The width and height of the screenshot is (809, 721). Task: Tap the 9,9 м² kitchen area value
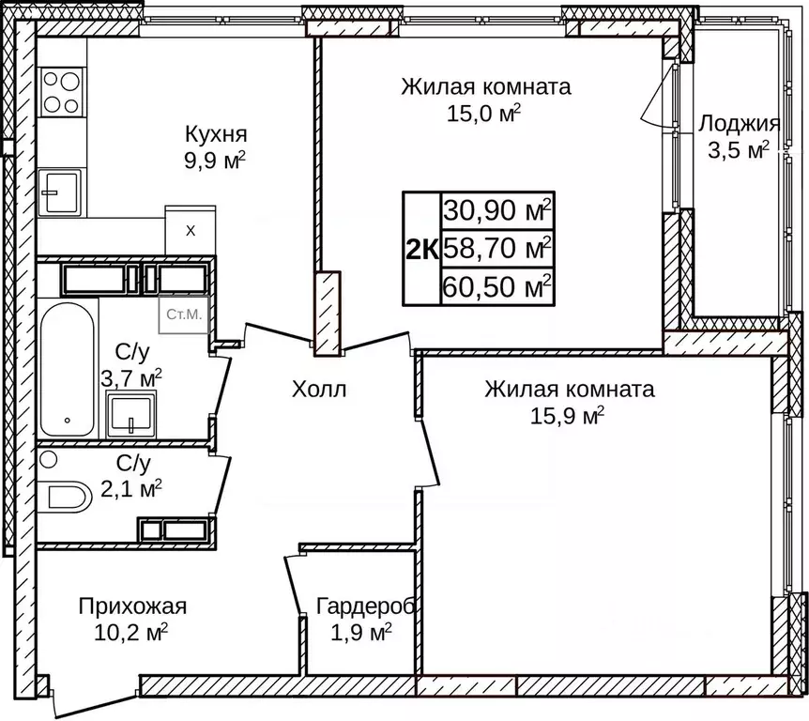point(215,160)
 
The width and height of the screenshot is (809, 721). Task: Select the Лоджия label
point(739,124)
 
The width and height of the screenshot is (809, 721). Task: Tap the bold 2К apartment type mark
point(421,249)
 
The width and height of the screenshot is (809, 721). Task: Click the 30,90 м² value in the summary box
point(497,210)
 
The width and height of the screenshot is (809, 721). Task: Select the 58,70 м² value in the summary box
point(497,249)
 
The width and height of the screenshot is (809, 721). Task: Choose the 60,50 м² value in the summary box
point(497,286)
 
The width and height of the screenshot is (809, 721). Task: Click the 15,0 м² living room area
point(484,115)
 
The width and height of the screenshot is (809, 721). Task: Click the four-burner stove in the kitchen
point(61,92)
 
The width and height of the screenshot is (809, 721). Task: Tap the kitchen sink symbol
point(60,192)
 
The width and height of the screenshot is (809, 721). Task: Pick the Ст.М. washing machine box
point(183,314)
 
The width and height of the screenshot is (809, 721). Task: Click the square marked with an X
point(191,230)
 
